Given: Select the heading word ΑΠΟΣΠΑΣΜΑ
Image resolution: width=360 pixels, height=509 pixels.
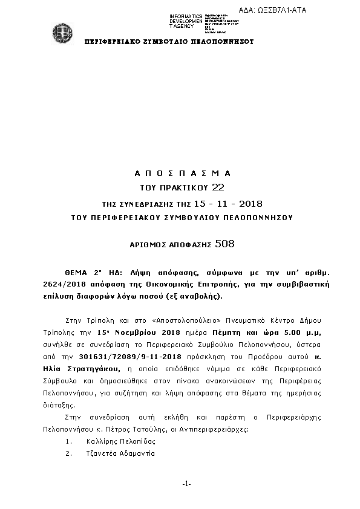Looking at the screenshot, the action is click(182, 173).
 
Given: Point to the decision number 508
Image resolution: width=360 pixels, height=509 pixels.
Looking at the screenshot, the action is click(224, 244).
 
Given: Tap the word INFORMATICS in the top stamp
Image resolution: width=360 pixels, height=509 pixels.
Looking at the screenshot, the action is click(186, 16).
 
